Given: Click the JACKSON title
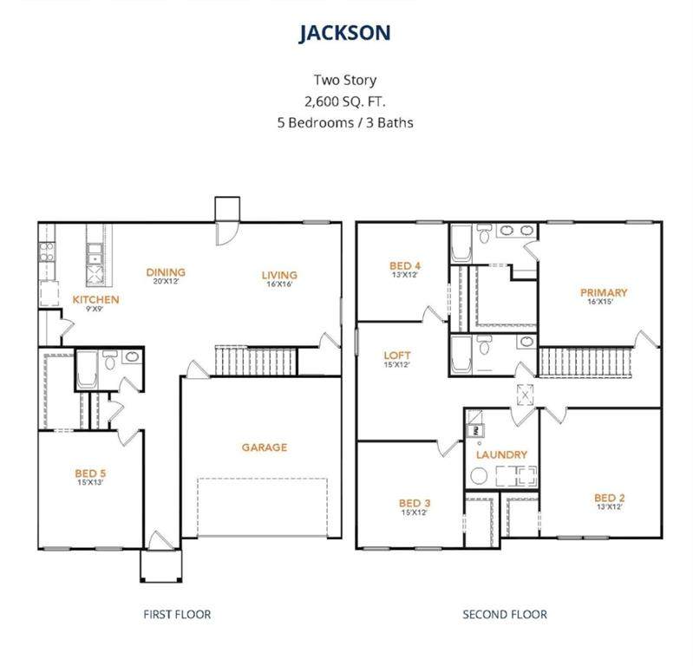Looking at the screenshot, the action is tap(344, 33).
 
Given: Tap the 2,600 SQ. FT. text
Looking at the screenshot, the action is tap(344, 101).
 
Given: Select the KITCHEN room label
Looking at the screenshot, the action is tap(96, 300).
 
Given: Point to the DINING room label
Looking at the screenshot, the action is tap(166, 272).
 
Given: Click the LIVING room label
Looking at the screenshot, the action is tap(279, 275).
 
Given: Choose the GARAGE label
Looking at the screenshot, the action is tap(265, 447).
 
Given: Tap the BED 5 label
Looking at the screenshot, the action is tap(90, 473).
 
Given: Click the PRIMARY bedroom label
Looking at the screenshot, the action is tap(604, 292).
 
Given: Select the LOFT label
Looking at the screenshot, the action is tap(397, 356).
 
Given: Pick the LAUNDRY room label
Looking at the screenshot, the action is tap(501, 454).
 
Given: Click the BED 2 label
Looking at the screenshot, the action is tap(610, 498).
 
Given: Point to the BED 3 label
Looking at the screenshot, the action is tap(415, 503).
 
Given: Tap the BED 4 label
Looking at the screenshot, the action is tap(405, 265).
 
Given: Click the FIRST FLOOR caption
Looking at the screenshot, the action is tap(177, 614).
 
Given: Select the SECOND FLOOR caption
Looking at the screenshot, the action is tap(505, 614).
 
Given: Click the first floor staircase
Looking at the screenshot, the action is tap(256, 361).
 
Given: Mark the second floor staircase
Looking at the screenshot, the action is tap(585, 362).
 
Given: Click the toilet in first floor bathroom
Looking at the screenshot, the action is tap(109, 361).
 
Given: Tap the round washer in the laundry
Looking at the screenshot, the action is tap(479, 476).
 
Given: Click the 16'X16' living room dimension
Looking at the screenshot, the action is tap(279, 284).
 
